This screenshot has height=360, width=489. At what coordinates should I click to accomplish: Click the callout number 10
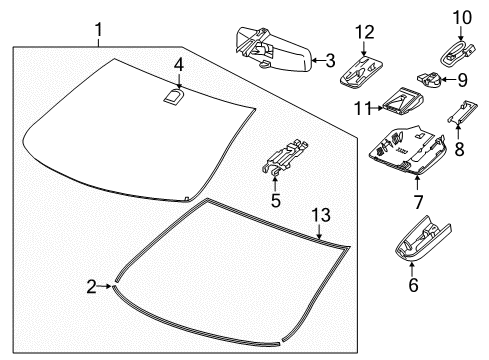460,17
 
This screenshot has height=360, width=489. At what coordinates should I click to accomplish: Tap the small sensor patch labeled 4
174,97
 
